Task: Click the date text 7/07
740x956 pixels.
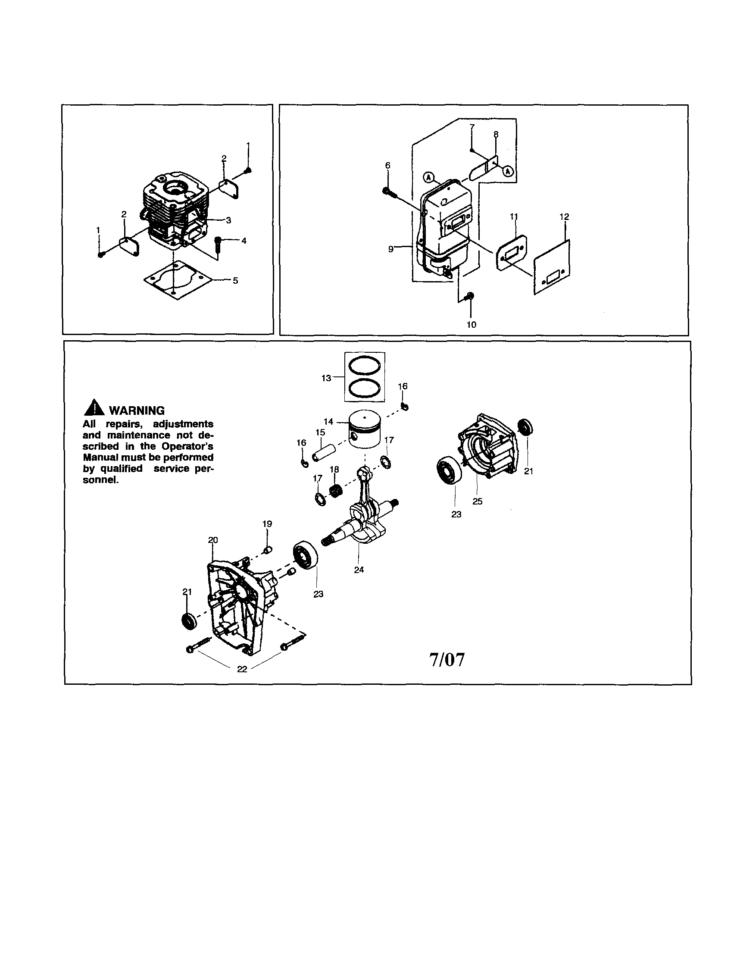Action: pos(447,660)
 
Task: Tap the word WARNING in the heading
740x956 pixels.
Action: pos(137,411)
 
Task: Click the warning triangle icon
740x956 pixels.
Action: pos(94,408)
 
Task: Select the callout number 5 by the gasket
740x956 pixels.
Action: pos(235,281)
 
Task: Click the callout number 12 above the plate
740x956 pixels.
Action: pos(564,216)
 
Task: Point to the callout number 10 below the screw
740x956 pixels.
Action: pos(471,324)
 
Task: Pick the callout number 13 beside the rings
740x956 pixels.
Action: pos(326,378)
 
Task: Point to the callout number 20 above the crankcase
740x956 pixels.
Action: pos(212,540)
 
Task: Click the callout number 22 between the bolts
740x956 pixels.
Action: pos(242,669)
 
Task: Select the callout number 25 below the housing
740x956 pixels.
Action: pos(478,501)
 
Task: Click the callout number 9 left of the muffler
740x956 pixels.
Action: pos(391,249)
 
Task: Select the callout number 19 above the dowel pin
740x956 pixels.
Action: pos(267,523)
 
